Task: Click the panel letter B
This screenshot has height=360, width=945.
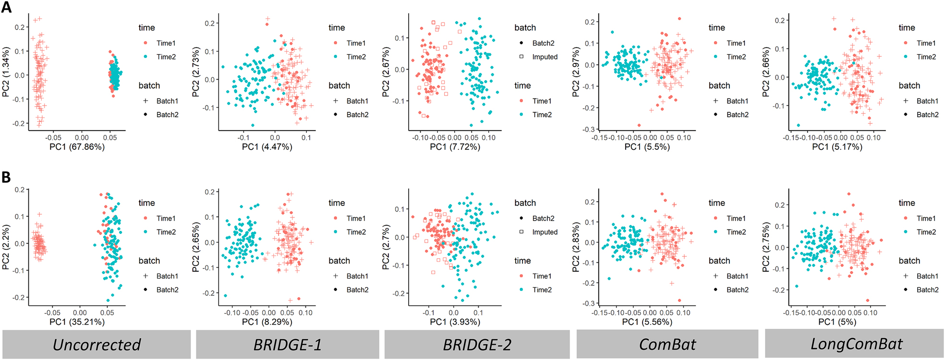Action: click(x=6, y=178)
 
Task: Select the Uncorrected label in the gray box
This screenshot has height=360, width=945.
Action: click(x=97, y=345)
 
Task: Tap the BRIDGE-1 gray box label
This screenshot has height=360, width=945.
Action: click(x=287, y=345)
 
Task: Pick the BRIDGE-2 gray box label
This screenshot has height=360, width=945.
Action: click(x=477, y=345)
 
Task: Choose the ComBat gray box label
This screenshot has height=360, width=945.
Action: click(x=667, y=345)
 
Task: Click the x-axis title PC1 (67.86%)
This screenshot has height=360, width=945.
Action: click(x=77, y=147)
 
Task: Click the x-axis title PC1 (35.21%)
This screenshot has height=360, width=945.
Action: click(x=77, y=322)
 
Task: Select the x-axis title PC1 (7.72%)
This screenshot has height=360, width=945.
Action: click(x=455, y=147)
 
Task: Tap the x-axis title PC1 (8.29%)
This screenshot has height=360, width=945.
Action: click(x=267, y=322)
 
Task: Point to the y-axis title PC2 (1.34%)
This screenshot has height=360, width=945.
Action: click(x=6, y=72)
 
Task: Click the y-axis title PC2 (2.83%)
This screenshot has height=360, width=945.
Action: click(x=576, y=247)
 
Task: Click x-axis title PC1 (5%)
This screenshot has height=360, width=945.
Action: click(x=837, y=322)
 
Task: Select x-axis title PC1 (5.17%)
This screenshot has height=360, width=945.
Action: click(x=837, y=147)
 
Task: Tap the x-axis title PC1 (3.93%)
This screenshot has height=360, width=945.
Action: click(x=455, y=322)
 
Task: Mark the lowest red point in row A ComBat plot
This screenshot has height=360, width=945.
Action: click(x=639, y=125)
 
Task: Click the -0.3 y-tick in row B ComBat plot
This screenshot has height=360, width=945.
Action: click(x=589, y=303)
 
